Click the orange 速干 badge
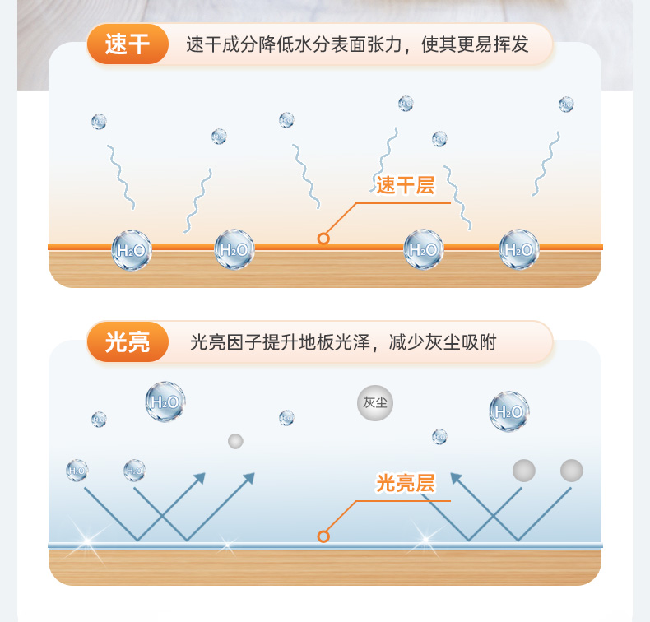coord(128,44)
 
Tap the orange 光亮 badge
coord(128,341)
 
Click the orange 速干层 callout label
coord(405,185)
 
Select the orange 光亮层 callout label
coord(405,483)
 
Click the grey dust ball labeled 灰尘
coord(375,403)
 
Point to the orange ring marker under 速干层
coord(323,239)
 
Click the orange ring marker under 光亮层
coord(323,536)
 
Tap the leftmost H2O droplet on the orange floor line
coord(132,250)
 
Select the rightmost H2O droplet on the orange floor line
coord(519,250)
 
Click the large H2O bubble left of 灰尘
coord(165,402)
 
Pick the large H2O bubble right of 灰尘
coord(509,411)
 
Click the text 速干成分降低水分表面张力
coord(293,44)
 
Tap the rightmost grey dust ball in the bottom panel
coord(572,471)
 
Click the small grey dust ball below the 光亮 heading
coord(236,441)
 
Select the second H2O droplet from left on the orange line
coord(234,250)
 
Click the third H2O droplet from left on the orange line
coord(424,250)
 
